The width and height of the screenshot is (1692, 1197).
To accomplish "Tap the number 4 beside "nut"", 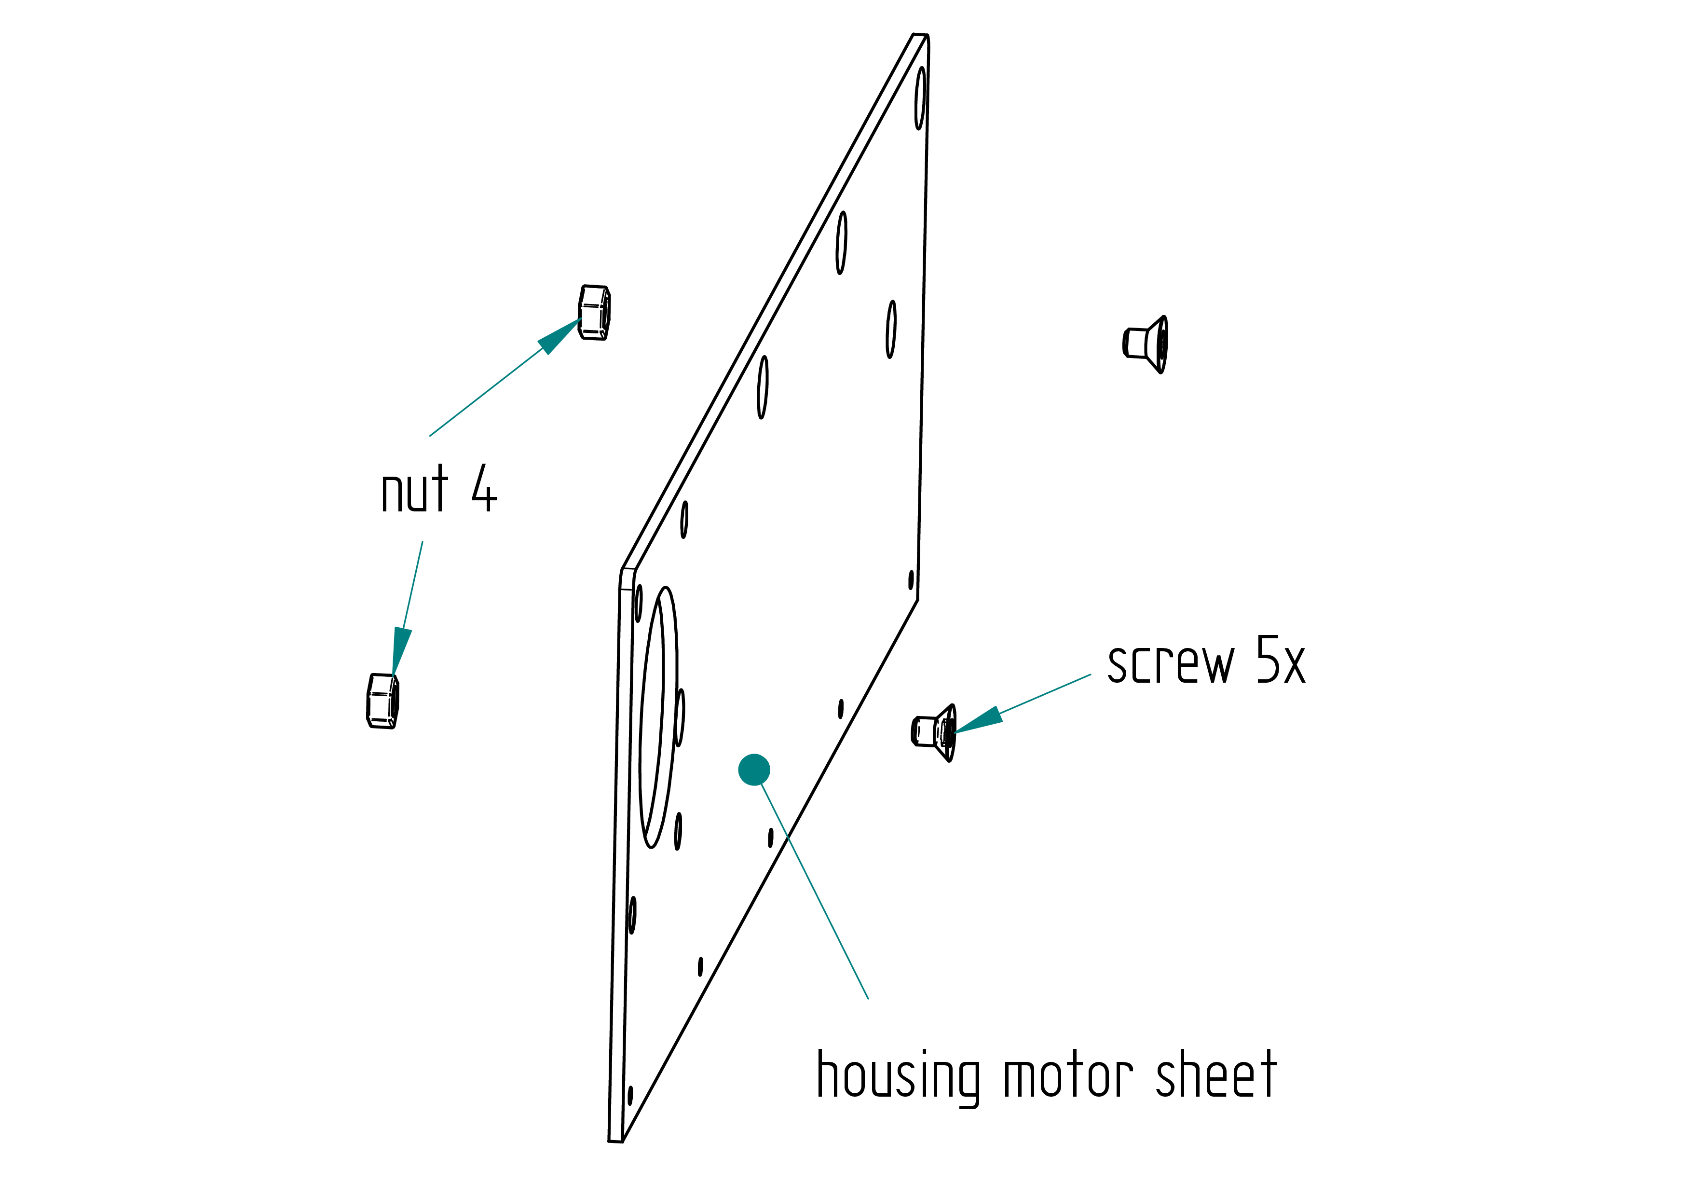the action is (484, 488).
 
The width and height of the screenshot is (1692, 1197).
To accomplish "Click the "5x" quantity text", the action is (1281, 660).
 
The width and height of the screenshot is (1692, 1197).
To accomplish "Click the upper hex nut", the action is (594, 313).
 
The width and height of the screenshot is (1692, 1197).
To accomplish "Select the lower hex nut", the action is (382, 701).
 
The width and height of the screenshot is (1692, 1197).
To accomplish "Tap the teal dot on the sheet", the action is (754, 770).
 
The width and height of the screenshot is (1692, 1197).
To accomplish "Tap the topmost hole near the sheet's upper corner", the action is (920, 98).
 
